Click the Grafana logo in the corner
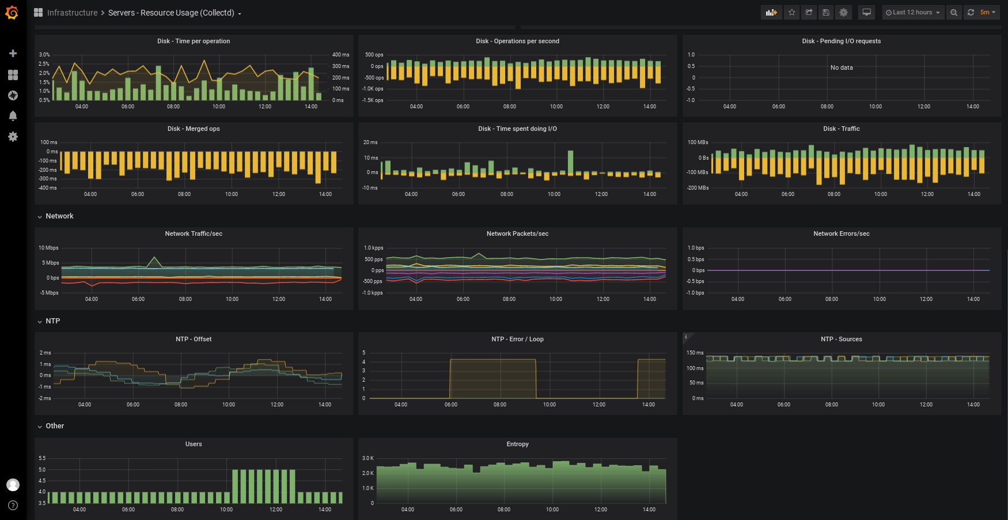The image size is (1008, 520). (12, 12)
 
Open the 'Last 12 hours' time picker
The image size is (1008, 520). (913, 12)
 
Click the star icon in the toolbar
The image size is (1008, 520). (792, 12)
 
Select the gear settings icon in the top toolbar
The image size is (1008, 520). (843, 12)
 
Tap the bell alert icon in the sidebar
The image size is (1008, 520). (13, 116)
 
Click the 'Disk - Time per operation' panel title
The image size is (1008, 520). (194, 41)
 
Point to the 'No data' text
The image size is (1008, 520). (842, 67)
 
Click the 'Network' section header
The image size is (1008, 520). (59, 216)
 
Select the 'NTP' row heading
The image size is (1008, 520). (52, 321)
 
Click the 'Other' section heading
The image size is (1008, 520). (55, 426)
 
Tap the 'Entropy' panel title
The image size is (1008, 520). (517, 444)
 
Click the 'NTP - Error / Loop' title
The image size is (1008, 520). (517, 339)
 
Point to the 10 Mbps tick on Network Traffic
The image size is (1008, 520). (48, 248)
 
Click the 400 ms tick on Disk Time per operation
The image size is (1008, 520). (340, 55)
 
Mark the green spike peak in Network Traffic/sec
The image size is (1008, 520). (154, 257)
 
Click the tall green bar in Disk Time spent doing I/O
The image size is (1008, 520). (570, 162)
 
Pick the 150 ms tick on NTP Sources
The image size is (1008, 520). (695, 353)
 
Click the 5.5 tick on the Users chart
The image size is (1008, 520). (42, 458)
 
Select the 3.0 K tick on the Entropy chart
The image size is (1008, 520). (367, 458)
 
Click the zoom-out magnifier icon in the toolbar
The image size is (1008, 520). (954, 12)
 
